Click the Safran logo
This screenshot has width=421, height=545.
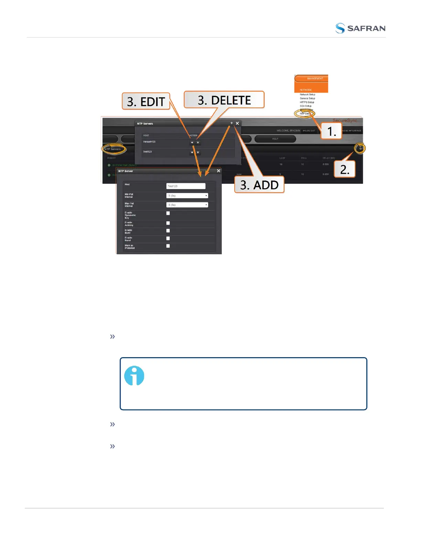tap(360, 28)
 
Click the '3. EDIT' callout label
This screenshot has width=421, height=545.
tap(146, 101)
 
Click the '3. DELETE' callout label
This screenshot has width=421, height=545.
tap(224, 100)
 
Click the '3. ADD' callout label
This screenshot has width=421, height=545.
tap(259, 185)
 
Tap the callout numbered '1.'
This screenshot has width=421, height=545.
tap(331, 131)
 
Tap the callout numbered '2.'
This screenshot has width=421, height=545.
tap(344, 170)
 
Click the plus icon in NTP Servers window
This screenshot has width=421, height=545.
tap(231, 123)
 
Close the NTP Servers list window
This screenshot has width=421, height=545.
tap(237, 123)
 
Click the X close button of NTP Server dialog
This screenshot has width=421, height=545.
tap(218, 171)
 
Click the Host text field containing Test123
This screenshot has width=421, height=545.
tap(186, 186)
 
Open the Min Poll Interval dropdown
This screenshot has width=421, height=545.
tap(187, 195)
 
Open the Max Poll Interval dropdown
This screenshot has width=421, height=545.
tap(187, 205)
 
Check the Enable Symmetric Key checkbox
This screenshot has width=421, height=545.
tap(168, 213)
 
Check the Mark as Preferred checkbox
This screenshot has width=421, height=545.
tap(168, 246)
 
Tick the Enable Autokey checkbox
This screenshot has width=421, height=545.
tap(168, 223)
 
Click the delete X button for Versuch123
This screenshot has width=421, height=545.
tap(198, 142)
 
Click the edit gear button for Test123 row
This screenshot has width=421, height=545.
tap(192, 152)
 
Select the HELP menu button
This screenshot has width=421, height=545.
tap(275, 139)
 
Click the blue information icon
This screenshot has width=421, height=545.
tap(134, 375)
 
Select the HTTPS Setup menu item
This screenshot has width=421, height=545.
tap(307, 102)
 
